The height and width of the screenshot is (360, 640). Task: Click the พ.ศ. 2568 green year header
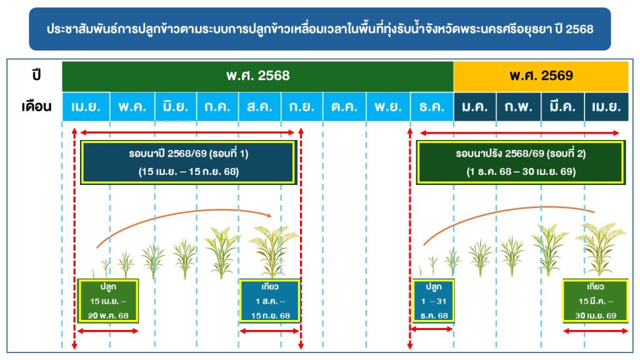click(257, 76)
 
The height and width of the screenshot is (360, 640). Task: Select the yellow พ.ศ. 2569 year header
click(541, 76)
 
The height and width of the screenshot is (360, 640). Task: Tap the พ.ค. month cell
click(132, 106)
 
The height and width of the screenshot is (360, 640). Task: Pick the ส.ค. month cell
click(259, 106)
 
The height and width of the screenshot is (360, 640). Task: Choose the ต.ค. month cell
click(344, 106)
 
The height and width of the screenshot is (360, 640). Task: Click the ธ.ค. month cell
click(432, 106)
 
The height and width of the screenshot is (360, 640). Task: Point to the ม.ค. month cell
click(475, 106)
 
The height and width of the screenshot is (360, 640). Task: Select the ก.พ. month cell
click(518, 106)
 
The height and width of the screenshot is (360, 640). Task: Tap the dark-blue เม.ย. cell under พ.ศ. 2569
click(606, 106)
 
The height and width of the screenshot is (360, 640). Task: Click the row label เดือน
click(36, 107)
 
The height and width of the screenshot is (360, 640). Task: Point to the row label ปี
click(36, 75)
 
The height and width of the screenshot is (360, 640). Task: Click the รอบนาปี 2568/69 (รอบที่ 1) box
click(188, 162)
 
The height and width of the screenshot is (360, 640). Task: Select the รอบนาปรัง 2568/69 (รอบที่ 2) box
click(521, 162)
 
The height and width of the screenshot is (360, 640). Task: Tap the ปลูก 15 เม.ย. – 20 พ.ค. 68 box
click(108, 301)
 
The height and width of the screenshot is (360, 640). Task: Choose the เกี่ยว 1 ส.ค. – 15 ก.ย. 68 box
click(270, 301)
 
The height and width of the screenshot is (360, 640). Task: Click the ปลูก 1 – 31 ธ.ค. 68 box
click(434, 301)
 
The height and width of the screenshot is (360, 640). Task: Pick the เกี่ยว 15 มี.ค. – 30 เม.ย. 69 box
click(596, 301)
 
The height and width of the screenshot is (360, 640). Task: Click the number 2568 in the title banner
click(579, 29)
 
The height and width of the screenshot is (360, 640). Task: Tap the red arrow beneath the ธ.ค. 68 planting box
click(431, 329)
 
